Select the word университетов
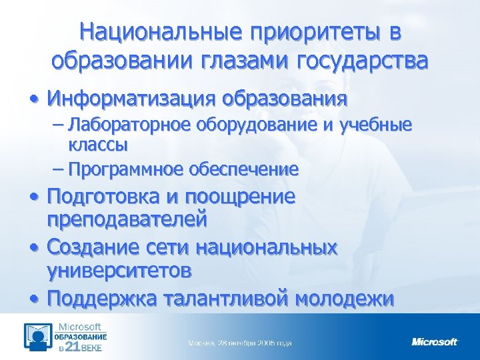120,271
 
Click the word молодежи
349,297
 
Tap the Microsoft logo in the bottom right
435,342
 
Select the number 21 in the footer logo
75,347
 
